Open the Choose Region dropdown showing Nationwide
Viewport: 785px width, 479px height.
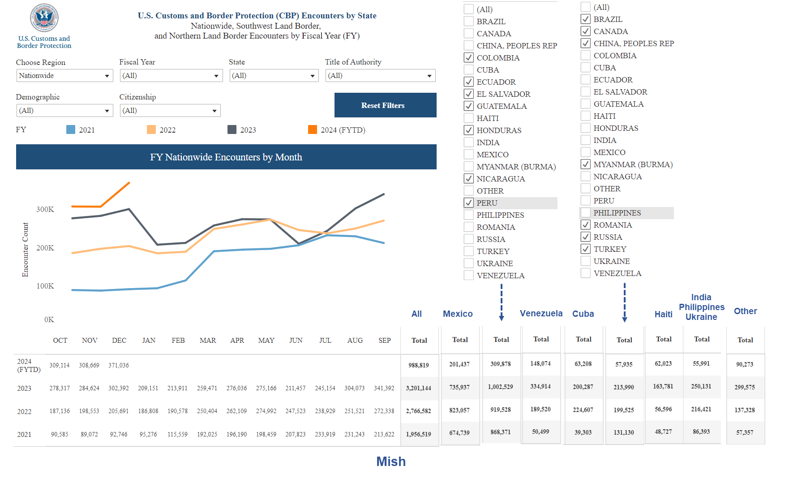65,76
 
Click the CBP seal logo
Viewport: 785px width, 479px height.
44,18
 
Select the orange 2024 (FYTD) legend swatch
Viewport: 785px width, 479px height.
313,130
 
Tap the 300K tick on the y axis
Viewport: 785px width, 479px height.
45,209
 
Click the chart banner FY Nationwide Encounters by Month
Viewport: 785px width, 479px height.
226,157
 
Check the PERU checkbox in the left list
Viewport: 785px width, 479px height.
469,203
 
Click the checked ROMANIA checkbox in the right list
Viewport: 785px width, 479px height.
586,225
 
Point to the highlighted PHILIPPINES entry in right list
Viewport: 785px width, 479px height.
617,213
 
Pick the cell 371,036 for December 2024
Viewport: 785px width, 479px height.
119,366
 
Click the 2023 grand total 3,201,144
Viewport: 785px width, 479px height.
418,388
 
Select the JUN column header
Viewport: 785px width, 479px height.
296,341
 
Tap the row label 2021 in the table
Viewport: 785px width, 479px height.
24,435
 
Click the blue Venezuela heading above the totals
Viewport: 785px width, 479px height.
541,313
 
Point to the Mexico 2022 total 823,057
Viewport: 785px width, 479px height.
459,410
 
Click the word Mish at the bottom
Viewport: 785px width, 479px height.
390,462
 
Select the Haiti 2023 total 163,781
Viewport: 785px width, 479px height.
663,386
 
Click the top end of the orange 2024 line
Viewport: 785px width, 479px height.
129,183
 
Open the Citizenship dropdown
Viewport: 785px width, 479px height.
170,111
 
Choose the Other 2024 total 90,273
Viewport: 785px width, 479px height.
745,364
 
